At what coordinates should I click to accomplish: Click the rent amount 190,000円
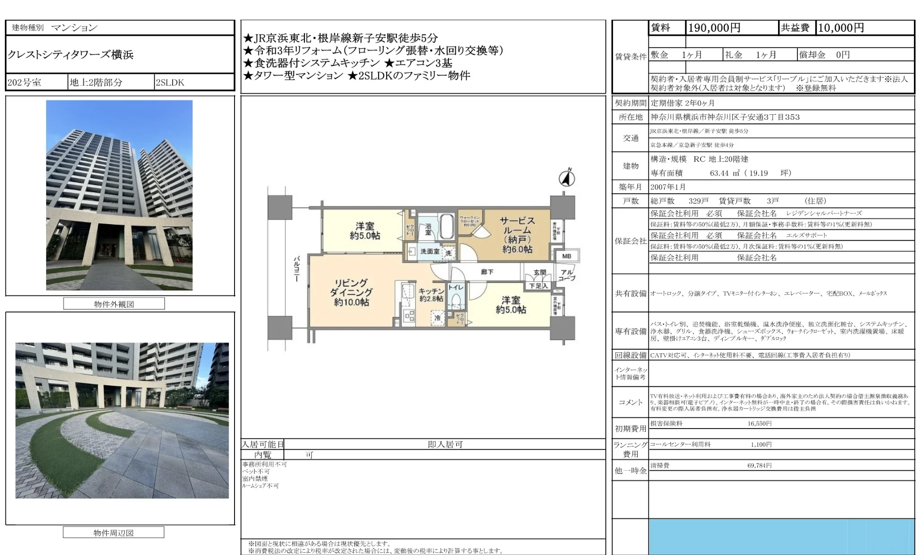click(x=714, y=28)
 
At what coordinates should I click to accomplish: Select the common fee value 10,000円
click(x=841, y=28)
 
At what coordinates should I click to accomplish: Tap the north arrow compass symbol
click(x=567, y=178)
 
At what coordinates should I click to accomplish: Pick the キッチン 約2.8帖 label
click(x=431, y=295)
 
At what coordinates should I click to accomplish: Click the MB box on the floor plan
click(x=566, y=256)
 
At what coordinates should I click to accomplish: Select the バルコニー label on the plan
click(x=296, y=269)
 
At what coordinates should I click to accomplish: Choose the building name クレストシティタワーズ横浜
click(x=70, y=55)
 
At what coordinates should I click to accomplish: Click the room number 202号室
click(x=24, y=82)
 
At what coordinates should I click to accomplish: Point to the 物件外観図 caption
click(x=114, y=304)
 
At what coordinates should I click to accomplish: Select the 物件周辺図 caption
click(x=113, y=533)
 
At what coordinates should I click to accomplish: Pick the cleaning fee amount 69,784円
click(x=759, y=465)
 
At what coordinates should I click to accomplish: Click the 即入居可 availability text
click(x=445, y=444)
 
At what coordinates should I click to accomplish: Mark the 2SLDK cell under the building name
click(x=170, y=82)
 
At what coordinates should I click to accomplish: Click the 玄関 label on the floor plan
click(x=540, y=272)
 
